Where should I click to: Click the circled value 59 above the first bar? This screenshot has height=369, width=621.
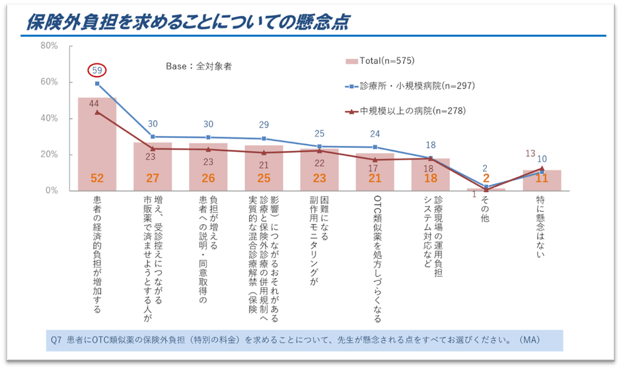tap(97, 69)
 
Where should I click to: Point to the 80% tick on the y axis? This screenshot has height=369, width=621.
tap(50, 46)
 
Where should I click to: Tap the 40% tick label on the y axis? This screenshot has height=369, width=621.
tap(50, 118)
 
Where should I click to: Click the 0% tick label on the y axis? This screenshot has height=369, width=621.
tap(52, 191)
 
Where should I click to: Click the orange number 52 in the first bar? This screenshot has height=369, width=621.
tap(97, 178)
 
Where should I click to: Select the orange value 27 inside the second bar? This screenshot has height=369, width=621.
tap(153, 178)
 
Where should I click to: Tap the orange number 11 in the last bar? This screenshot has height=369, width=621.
tap(542, 178)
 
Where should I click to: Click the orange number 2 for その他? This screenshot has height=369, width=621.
tap(486, 178)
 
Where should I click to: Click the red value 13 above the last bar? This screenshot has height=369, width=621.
tap(530, 154)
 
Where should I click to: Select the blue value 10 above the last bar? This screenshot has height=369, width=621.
tap(542, 159)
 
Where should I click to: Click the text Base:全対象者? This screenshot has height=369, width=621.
tap(198, 66)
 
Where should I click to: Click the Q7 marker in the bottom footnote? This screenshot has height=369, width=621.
tap(56, 341)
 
